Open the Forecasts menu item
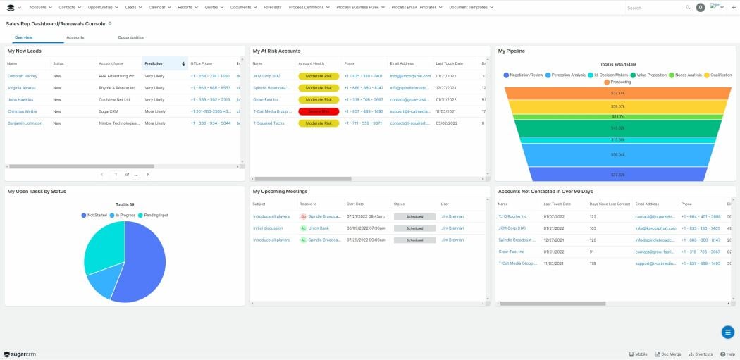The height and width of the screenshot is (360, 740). click(273, 7)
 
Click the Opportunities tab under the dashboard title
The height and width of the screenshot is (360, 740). click(130, 37)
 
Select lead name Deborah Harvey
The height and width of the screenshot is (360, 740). click(23, 76)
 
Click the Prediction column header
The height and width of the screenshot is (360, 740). click(154, 63)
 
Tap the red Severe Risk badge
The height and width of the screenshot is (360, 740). click(319, 111)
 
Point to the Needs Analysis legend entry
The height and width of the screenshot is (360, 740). click(685, 75)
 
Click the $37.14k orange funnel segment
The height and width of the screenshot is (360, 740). click(617, 93)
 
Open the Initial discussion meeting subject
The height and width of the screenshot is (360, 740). click(267, 228)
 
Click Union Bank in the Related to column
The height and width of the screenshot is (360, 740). click(319, 228)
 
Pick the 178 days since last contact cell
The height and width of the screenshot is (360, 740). click(593, 263)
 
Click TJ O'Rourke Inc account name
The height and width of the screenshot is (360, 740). click(512, 216)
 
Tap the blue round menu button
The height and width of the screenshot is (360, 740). click(728, 333)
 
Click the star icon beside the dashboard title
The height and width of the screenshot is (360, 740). click(110, 23)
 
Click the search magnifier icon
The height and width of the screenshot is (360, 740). click(688, 8)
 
